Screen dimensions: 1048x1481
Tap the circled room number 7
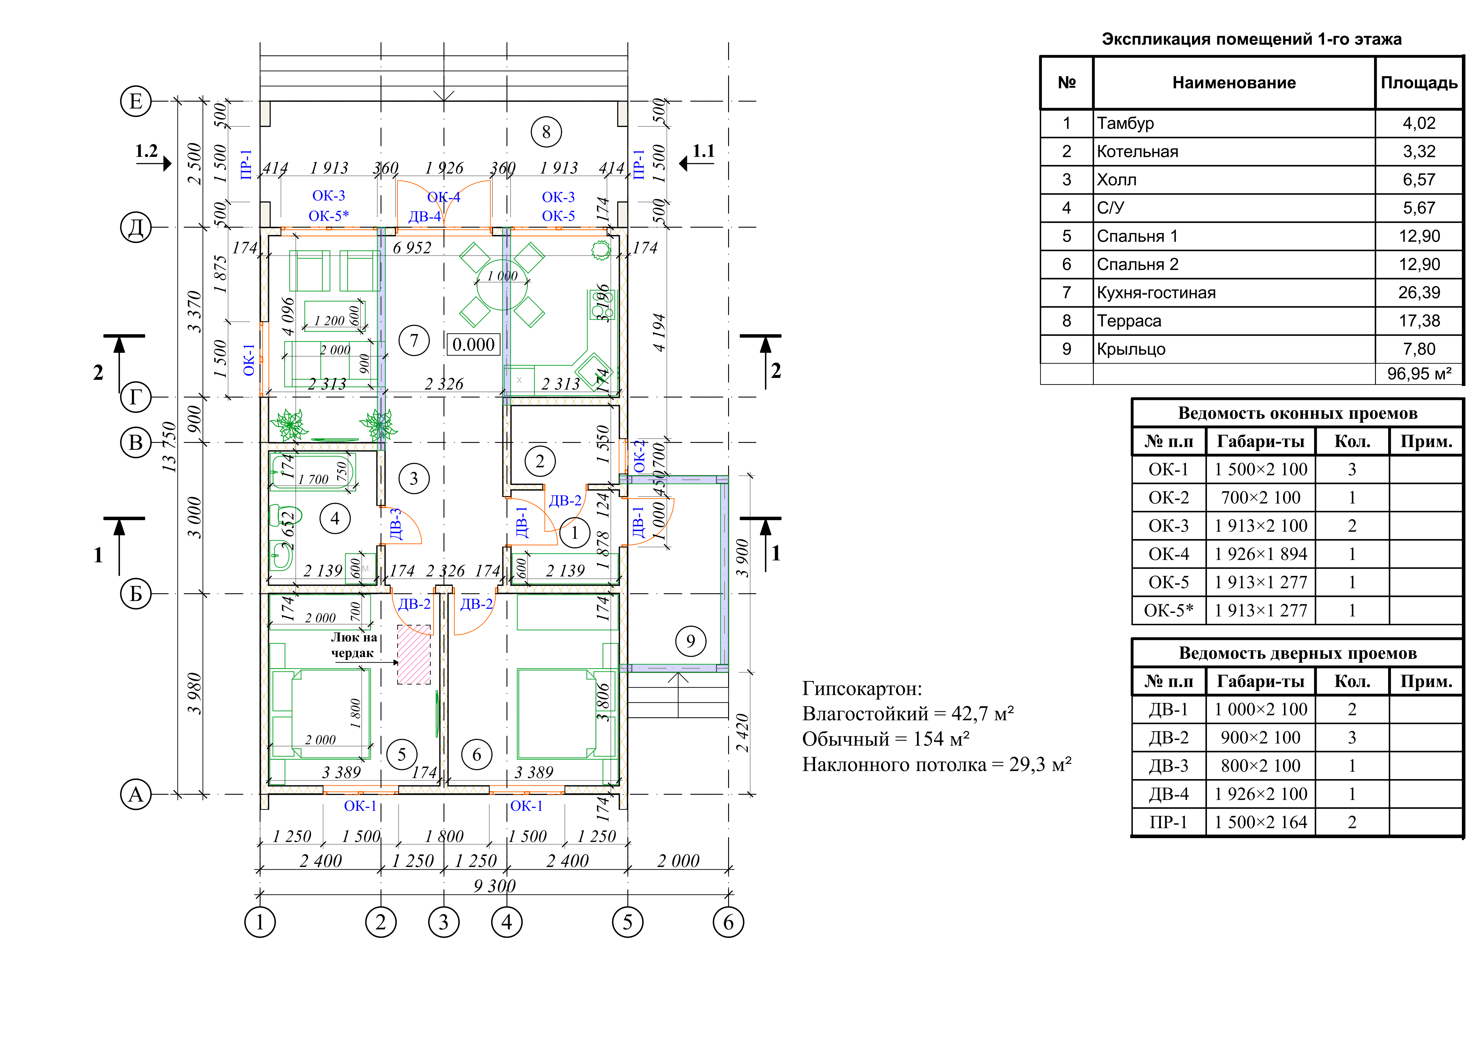pos(414,340)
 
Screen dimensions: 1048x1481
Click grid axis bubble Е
pos(136,101)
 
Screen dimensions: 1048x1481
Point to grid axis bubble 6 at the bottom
pos(728,922)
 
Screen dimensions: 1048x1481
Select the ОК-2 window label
pos(639,456)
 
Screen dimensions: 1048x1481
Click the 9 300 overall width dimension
pos(494,885)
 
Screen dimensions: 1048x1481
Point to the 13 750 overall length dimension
pos(169,447)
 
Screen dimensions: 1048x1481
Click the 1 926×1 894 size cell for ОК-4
pos(1260,554)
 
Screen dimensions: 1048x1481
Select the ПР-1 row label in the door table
pos(1168,822)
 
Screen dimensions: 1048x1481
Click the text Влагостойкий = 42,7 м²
pos(908,714)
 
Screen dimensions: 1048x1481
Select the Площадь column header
pos(1419,82)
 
